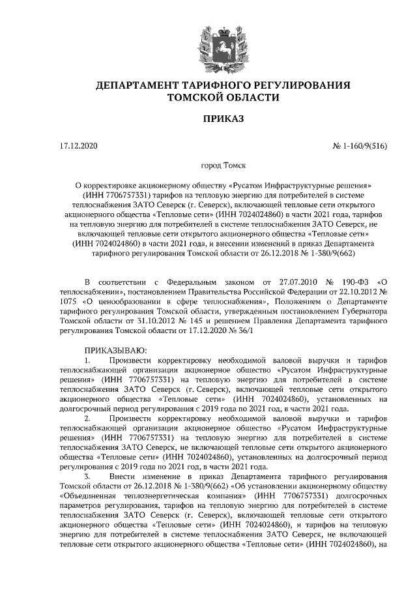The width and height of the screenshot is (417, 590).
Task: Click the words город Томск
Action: (223, 166)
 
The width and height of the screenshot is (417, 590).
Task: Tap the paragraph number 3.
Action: (88, 477)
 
